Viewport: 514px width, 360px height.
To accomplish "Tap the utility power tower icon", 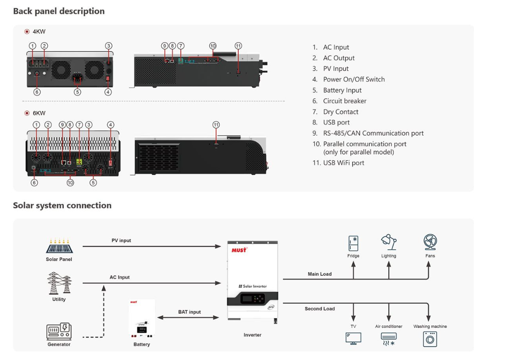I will click(x=59, y=283).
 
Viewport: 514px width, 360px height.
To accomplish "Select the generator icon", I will click(x=59, y=331).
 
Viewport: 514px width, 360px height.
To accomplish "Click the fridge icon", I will click(x=353, y=243).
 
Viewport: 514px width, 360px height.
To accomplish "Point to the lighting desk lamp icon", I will click(x=389, y=242).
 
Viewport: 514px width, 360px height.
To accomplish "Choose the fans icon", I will click(x=430, y=242).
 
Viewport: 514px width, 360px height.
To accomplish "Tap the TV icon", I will click(x=353, y=338).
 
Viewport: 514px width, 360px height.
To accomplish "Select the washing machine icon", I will click(x=430, y=339).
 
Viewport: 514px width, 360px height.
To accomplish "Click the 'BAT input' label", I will click(x=189, y=312).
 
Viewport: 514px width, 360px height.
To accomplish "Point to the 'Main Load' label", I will click(x=320, y=274).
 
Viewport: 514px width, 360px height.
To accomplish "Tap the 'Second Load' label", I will click(x=320, y=309).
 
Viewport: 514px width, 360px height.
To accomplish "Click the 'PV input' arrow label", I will click(x=121, y=241).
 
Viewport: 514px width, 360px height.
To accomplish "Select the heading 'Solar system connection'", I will click(x=62, y=205).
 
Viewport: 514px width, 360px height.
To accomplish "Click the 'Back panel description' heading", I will click(x=59, y=11).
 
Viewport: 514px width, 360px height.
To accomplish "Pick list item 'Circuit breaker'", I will click(x=344, y=101).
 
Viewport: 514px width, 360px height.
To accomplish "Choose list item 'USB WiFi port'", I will click(x=343, y=163).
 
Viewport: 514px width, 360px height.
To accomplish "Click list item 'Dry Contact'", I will click(x=340, y=112).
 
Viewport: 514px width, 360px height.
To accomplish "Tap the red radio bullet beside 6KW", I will click(x=27, y=114).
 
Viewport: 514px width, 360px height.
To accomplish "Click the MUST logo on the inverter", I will click(x=239, y=249).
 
